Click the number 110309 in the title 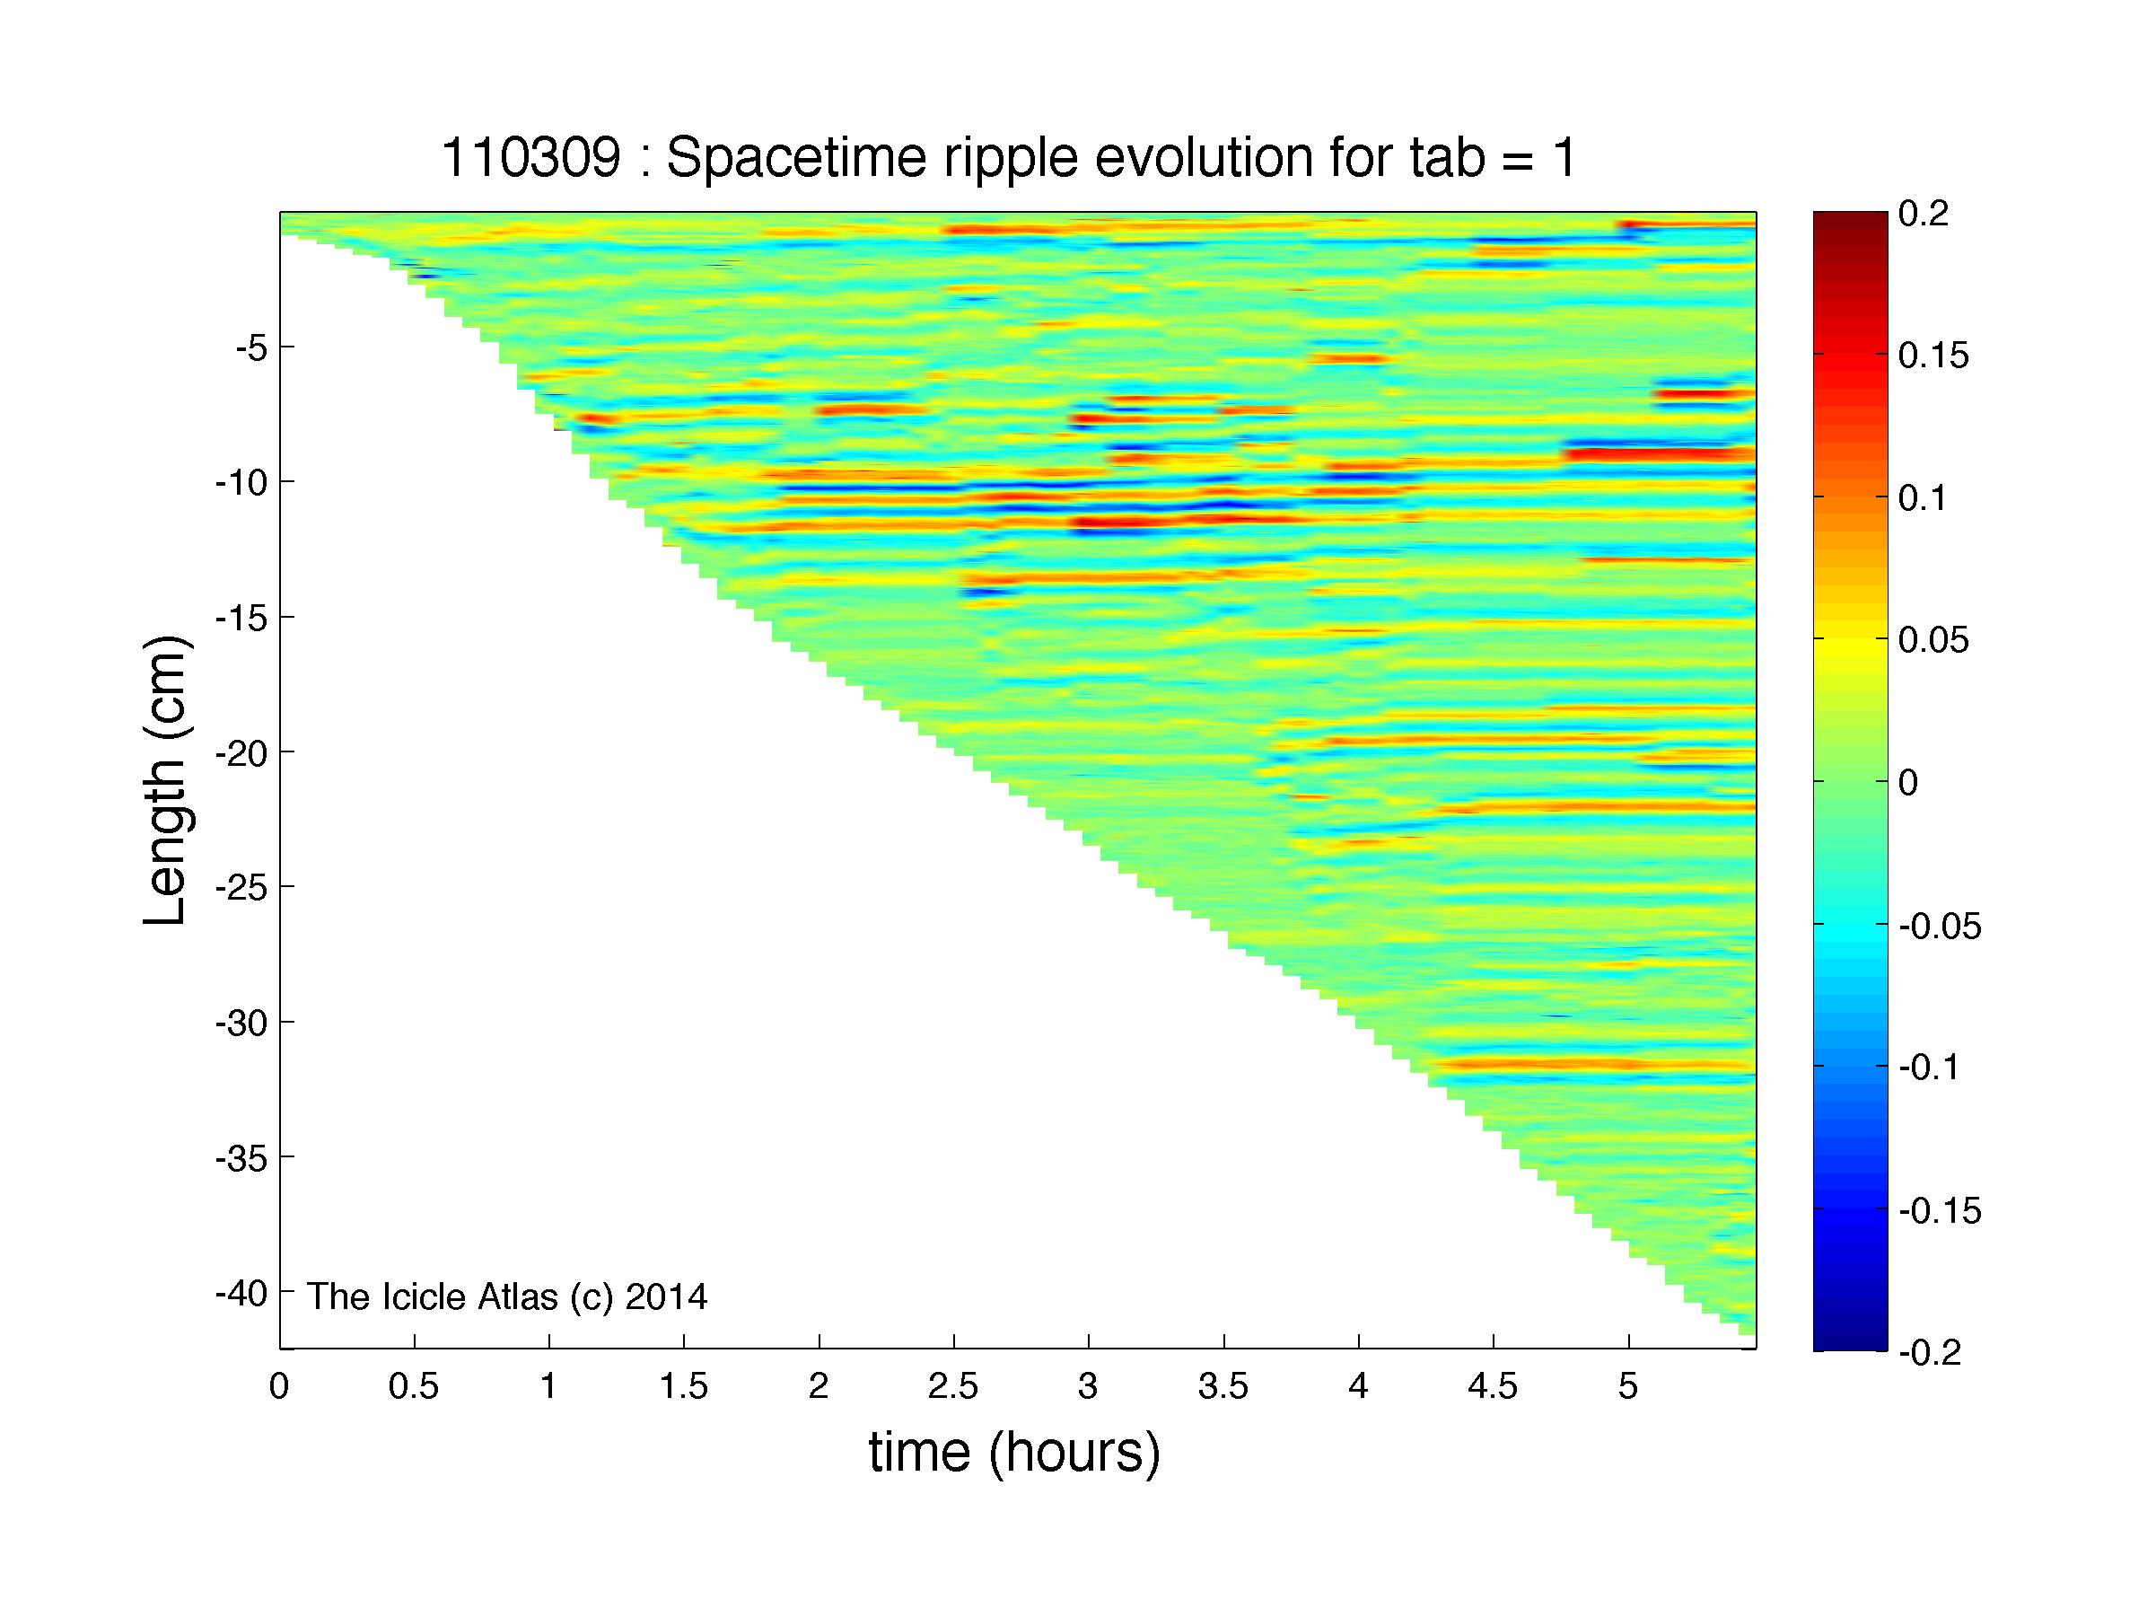(x=530, y=158)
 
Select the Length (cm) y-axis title (x=165, y=781)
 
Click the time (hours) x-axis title (x=1014, y=1454)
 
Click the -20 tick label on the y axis (x=241, y=751)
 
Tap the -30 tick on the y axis (x=241, y=1023)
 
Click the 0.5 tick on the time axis (x=415, y=1387)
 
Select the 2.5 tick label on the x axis (x=953, y=1387)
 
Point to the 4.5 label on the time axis (x=1494, y=1387)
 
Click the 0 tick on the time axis (x=280, y=1387)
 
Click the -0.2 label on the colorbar (x=1930, y=1353)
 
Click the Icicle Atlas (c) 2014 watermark (x=508, y=1296)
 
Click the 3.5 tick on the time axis (x=1223, y=1387)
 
